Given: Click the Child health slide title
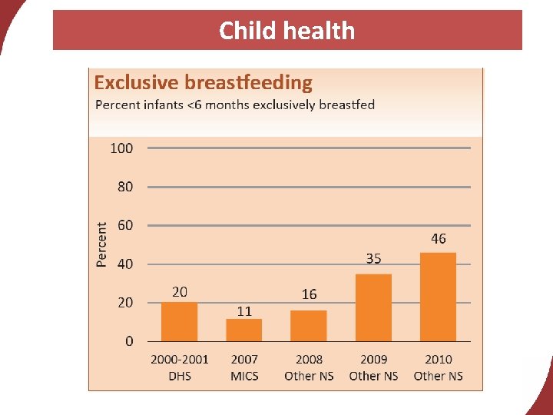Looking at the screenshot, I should click(286, 31).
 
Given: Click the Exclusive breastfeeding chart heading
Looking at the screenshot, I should click(203, 82).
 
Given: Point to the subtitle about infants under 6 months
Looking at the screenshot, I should click(234, 105).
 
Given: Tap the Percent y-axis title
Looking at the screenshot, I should click(102, 244).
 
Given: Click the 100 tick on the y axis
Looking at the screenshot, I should click(121, 148).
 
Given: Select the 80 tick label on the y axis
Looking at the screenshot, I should click(124, 187).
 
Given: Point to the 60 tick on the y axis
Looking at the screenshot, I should click(124, 225).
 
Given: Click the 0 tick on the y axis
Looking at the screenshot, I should click(129, 340).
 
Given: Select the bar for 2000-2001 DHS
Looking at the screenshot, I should click(179, 321).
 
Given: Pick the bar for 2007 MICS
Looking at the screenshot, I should click(243, 330).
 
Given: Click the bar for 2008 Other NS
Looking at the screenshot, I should click(309, 325).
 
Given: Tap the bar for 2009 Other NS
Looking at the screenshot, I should click(373, 307).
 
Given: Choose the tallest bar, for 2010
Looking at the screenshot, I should click(438, 297).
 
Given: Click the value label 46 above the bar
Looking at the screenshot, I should click(438, 239).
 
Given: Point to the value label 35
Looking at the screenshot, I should click(373, 259).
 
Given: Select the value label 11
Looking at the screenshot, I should click(243, 311).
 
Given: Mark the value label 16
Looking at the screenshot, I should click(309, 294).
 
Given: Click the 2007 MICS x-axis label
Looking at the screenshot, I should click(244, 367).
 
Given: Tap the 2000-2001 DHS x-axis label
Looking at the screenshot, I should click(180, 367).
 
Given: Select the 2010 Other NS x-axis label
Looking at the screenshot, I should click(438, 367).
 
